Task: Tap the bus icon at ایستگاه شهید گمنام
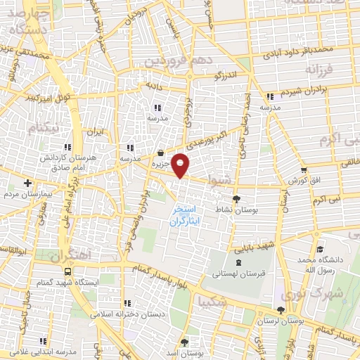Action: tap(67, 271)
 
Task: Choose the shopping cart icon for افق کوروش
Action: tap(303, 169)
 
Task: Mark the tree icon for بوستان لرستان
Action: tap(282, 310)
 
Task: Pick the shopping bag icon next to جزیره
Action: tap(161, 153)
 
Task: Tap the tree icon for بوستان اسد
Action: tap(184, 342)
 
